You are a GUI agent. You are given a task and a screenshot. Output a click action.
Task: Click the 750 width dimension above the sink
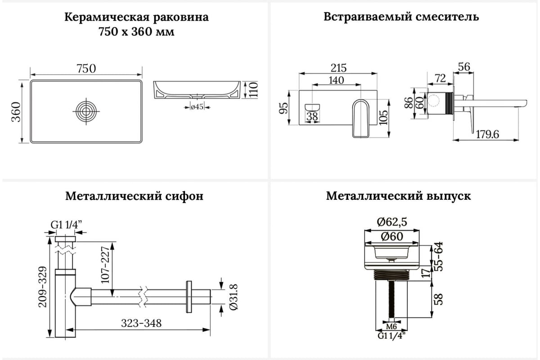pyautogui.click(x=86, y=68)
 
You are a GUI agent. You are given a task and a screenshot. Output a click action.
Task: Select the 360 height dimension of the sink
pyautogui.click(x=15, y=112)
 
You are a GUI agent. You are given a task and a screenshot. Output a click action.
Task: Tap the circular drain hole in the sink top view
pyautogui.click(x=86, y=111)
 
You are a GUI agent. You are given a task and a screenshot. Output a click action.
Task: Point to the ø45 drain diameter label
pyautogui.click(x=197, y=107)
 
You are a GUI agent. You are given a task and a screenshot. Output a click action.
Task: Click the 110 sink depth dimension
pyautogui.click(x=253, y=90)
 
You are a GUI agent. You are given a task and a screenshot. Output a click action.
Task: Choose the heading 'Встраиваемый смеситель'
pyautogui.click(x=401, y=17)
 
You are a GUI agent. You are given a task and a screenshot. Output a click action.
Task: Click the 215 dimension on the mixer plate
pyautogui.click(x=338, y=68)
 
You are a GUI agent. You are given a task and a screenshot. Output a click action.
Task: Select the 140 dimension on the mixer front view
pyautogui.click(x=336, y=80)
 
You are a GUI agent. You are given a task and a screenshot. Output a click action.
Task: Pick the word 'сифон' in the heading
pyautogui.click(x=186, y=196)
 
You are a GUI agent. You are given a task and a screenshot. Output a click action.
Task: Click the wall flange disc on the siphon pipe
pyautogui.click(x=189, y=296)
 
